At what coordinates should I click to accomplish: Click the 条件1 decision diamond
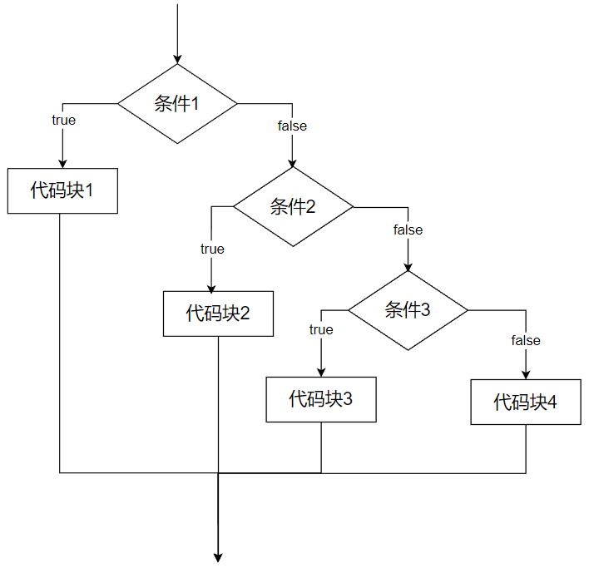point(177,104)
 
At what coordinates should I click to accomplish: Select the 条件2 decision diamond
point(293,207)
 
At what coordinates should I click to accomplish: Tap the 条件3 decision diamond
point(408,310)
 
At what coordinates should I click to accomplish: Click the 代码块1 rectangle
point(62,190)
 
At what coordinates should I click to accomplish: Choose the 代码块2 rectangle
point(218,314)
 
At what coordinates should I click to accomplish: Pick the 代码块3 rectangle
point(321,399)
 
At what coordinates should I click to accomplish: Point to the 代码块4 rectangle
point(526,403)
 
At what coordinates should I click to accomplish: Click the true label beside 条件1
point(63,120)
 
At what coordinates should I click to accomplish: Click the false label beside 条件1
point(292,126)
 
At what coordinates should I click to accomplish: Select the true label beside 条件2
point(212,249)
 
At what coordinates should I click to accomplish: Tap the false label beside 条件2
point(408,230)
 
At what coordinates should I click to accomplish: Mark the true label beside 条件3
point(321,329)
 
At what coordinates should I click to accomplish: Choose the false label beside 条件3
point(526,340)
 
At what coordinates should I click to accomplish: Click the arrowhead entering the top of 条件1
point(177,59)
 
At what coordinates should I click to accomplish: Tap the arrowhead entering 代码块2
point(212,286)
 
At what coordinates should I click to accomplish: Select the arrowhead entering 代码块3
point(321,372)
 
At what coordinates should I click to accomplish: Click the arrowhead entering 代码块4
point(526,375)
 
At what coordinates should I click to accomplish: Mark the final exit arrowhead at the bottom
point(218,557)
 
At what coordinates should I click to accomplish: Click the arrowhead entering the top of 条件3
point(408,266)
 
